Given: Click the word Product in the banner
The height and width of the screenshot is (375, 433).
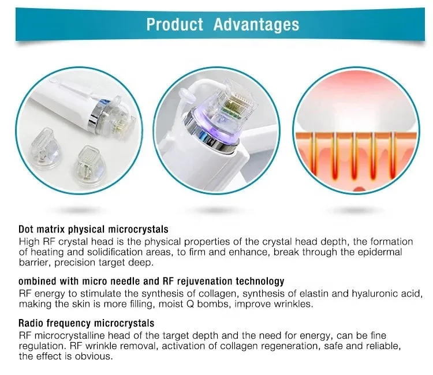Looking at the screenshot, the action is click(x=174, y=24).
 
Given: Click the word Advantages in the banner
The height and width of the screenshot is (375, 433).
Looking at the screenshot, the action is click(x=256, y=25).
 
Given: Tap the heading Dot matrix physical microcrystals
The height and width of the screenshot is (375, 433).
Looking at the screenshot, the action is click(x=94, y=230).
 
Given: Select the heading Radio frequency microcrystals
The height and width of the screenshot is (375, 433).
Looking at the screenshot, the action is click(x=87, y=323).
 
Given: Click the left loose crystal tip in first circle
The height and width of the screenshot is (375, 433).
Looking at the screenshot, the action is click(x=44, y=148).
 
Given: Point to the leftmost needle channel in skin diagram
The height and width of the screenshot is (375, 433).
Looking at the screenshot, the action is click(x=314, y=155).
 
